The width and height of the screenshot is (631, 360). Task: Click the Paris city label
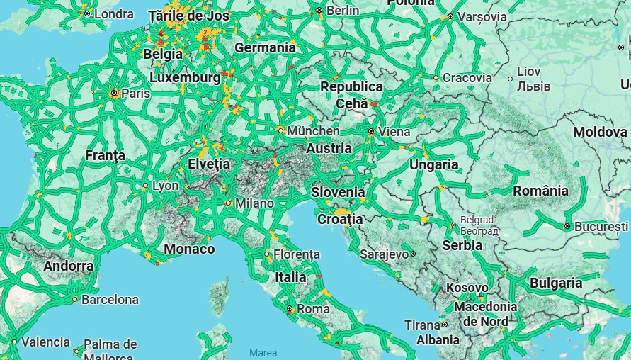click(136, 94)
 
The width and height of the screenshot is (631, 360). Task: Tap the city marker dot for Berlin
click(319, 11)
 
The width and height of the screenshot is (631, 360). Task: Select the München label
click(313, 131)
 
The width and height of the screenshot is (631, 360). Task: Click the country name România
click(540, 191)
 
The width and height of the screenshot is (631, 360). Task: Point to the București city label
click(601, 226)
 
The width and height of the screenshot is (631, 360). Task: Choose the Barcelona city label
click(110, 300)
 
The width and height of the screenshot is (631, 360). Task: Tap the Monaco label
click(189, 249)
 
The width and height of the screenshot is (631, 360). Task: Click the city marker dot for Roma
click(289, 309)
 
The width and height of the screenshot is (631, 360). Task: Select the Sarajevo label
click(384, 254)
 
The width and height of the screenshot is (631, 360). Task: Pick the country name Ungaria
click(433, 164)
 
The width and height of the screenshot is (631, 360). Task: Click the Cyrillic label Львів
click(529, 86)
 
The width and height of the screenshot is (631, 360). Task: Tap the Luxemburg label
click(185, 77)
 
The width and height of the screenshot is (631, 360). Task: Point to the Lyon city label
click(166, 186)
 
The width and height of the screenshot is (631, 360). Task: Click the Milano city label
click(254, 203)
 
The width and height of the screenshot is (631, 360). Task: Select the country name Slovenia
click(338, 192)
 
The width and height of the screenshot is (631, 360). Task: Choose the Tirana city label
click(422, 325)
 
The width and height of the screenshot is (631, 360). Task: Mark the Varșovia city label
click(482, 16)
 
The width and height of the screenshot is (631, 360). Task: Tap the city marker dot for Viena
click(371, 131)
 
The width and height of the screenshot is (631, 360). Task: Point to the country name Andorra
click(68, 266)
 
